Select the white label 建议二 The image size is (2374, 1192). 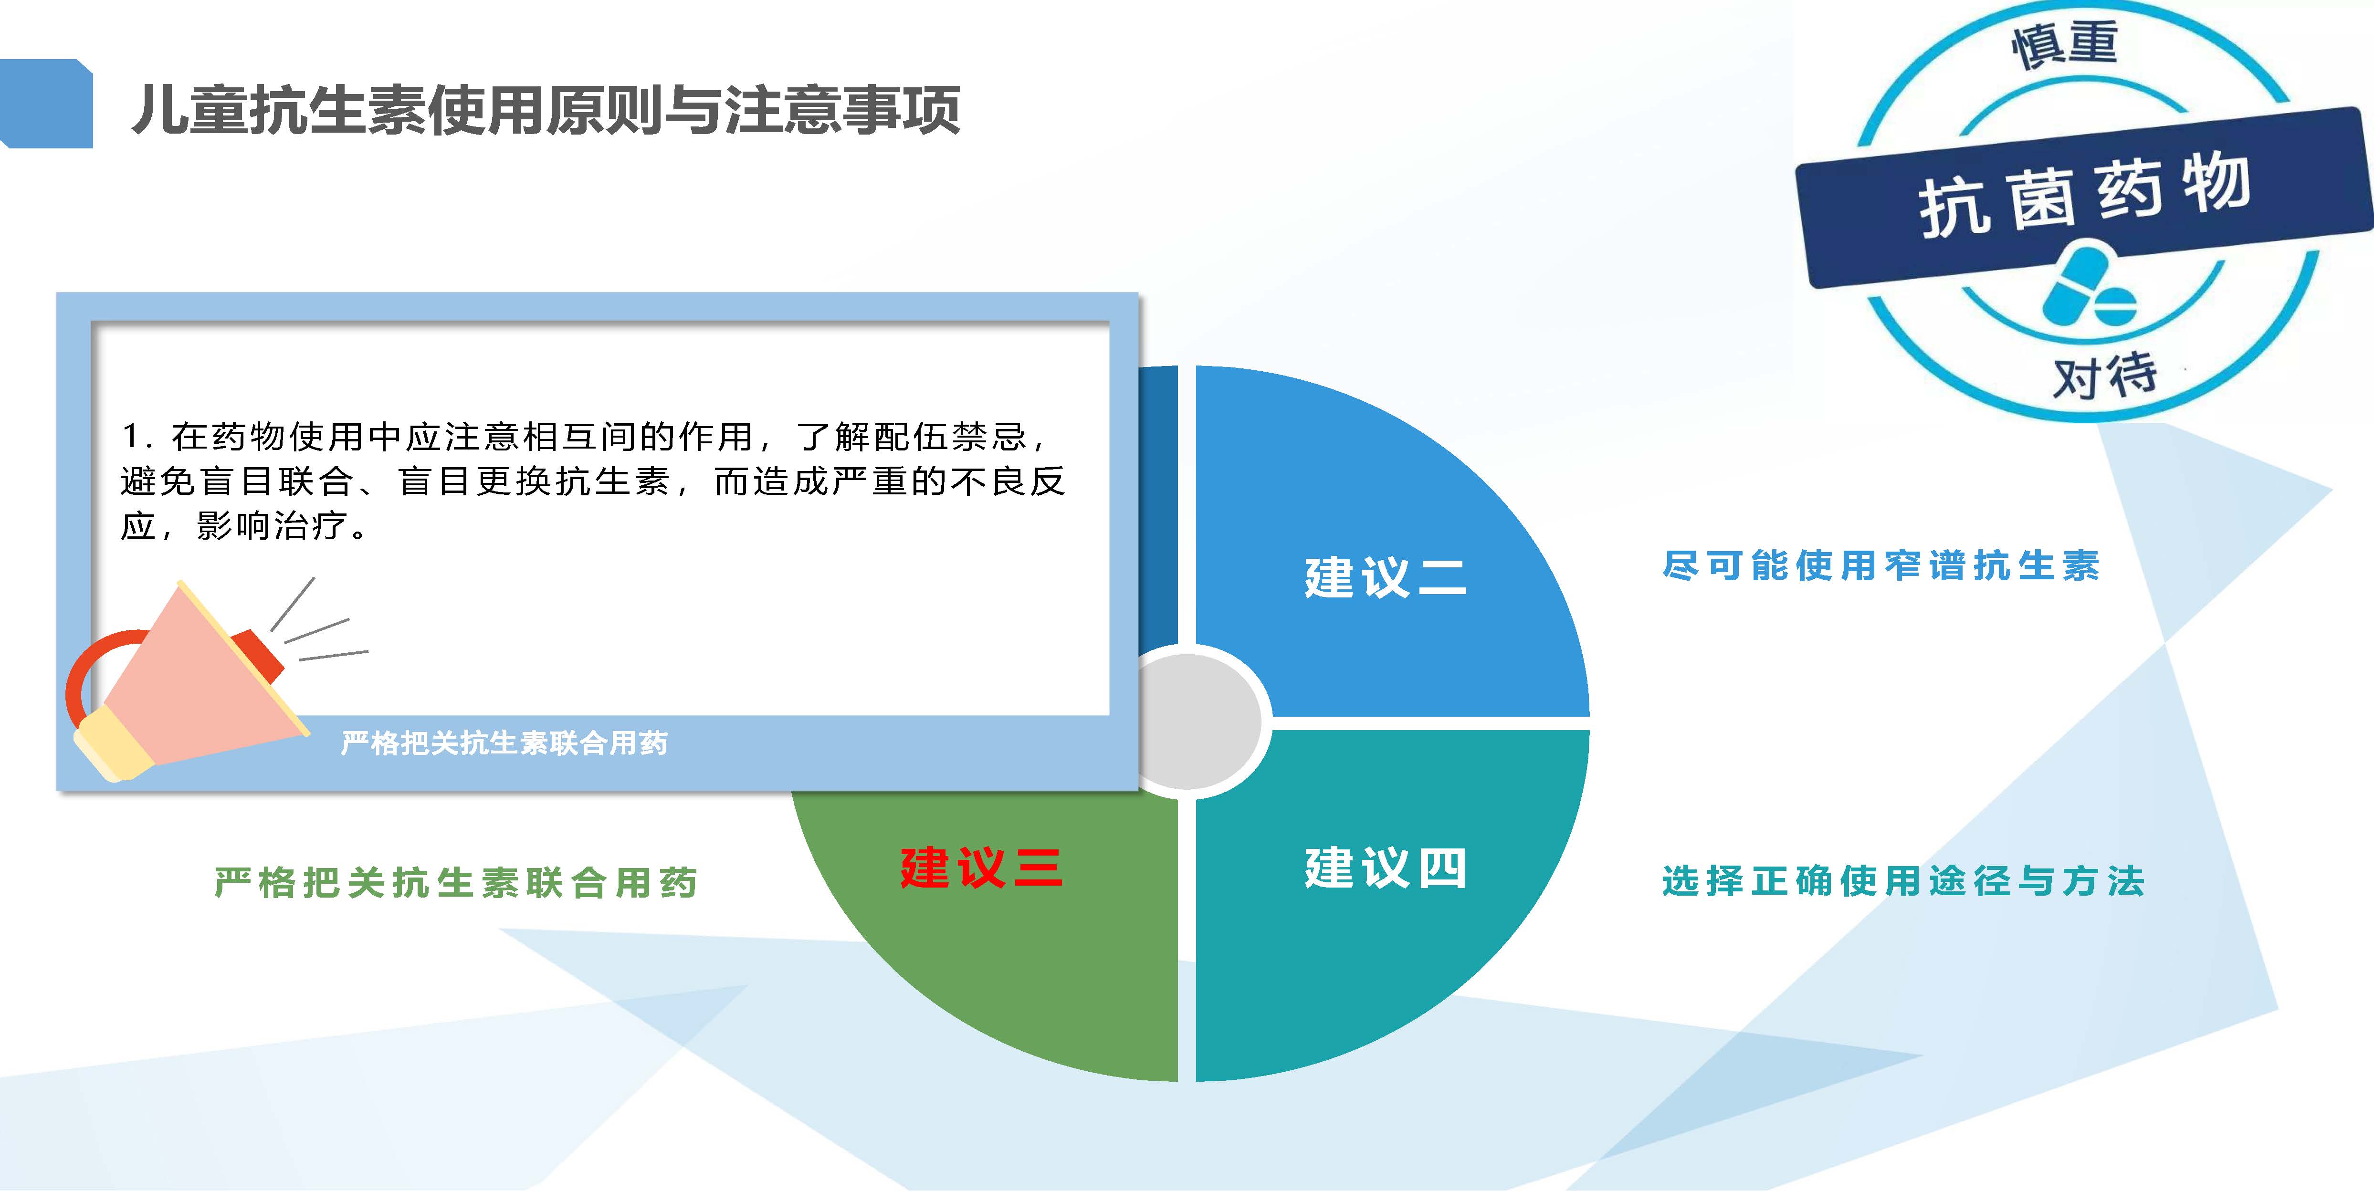pyautogui.click(x=1385, y=577)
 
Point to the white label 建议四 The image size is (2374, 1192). pyautogui.click(x=1385, y=868)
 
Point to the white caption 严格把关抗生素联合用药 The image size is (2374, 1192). pyautogui.click(x=504, y=742)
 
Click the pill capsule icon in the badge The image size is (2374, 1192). pyautogui.click(x=2087, y=285)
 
